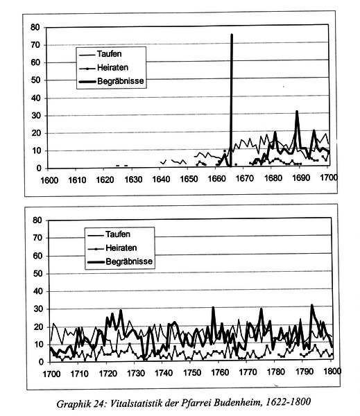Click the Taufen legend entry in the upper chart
tap(101, 54)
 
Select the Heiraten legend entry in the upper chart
tap(103, 68)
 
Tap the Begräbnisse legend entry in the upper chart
tap(111, 81)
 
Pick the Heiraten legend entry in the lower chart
tap(112, 248)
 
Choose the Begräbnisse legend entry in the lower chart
tap(120, 261)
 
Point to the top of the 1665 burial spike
tap(232, 35)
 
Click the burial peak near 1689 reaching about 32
tap(297, 112)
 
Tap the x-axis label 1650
tap(189, 179)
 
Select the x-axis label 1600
tap(49, 180)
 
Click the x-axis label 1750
tap(191, 373)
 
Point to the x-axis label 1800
tap(332, 371)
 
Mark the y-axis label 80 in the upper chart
tap(35, 27)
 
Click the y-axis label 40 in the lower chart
tap(37, 291)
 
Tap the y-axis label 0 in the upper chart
tap(39, 168)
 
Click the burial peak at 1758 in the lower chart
tap(213, 308)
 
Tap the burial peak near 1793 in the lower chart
tap(311, 305)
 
